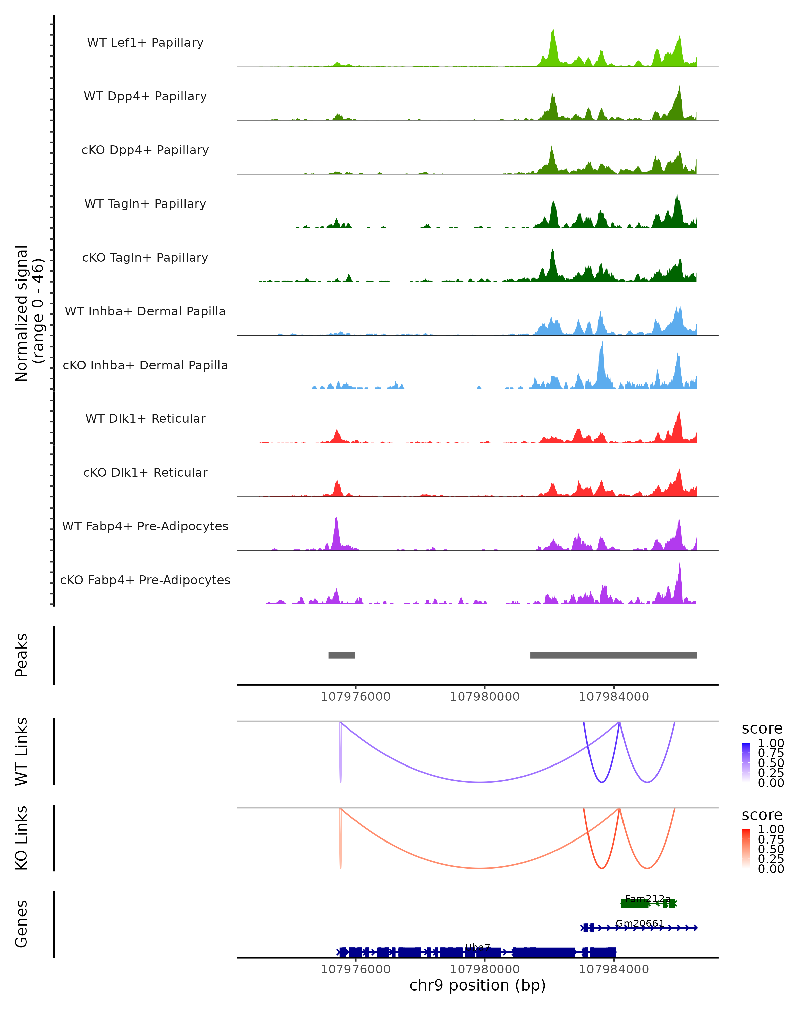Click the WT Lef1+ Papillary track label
[145, 43]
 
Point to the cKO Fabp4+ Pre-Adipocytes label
[145, 580]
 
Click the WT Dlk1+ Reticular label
[145, 418]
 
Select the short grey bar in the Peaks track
[341, 655]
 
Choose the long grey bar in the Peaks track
[613, 655]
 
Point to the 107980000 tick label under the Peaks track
[485, 697]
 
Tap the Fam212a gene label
[648, 899]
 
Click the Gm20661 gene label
[640, 923]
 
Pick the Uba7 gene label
[477, 948]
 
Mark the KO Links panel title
[22, 838]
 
